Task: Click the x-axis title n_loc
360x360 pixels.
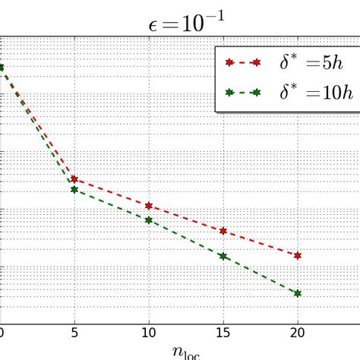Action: pos(180,352)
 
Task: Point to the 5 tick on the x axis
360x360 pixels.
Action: pos(74,332)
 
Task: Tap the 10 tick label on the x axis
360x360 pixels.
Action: pos(149,332)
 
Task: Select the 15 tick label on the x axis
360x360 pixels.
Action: pos(223,332)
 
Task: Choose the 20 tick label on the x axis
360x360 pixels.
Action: pos(297,332)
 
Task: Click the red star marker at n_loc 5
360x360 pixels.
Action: pos(74,179)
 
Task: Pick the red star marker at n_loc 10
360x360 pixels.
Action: pos(149,206)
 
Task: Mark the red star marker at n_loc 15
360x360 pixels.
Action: pos(223,231)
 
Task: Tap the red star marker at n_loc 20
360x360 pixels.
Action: pos(298,256)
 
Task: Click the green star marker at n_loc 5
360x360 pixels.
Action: pos(74,189)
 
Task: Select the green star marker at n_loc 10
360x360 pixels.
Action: pos(149,220)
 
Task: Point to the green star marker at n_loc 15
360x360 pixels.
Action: pos(223,257)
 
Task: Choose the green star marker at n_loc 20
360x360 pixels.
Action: pos(298,293)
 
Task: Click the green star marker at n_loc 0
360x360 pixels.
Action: pos(2,68)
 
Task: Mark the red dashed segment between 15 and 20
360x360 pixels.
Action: pos(261,244)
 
